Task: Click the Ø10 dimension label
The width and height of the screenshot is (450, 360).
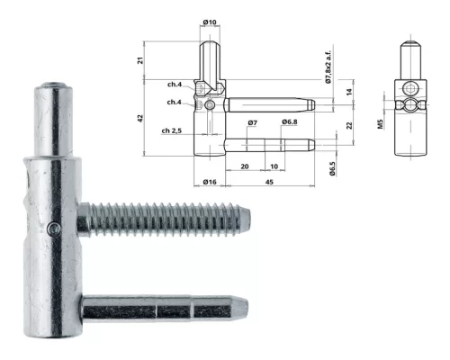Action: [210, 22]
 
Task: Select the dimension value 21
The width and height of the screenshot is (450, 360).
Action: [140, 60]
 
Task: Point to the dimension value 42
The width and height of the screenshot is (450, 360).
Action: [140, 118]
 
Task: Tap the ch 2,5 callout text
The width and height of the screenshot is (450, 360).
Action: [172, 130]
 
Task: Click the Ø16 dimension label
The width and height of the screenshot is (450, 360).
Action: [210, 182]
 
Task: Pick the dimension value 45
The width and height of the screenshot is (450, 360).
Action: [269, 182]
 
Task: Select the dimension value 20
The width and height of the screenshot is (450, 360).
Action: [245, 166]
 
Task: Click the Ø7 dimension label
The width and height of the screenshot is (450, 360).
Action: [253, 122]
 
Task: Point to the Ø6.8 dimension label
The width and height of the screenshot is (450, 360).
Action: [290, 121]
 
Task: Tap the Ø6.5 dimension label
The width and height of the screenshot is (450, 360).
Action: [332, 168]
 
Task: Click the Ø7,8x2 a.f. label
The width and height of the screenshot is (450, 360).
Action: [328, 67]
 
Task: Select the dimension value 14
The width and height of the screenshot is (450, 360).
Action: [349, 92]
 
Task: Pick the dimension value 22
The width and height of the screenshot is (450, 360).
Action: [349, 125]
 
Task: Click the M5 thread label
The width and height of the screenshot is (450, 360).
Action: [381, 124]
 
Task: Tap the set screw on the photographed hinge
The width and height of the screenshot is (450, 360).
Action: [54, 229]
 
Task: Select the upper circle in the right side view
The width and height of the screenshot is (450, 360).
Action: [410, 89]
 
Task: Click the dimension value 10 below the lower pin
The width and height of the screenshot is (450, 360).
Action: [274, 166]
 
